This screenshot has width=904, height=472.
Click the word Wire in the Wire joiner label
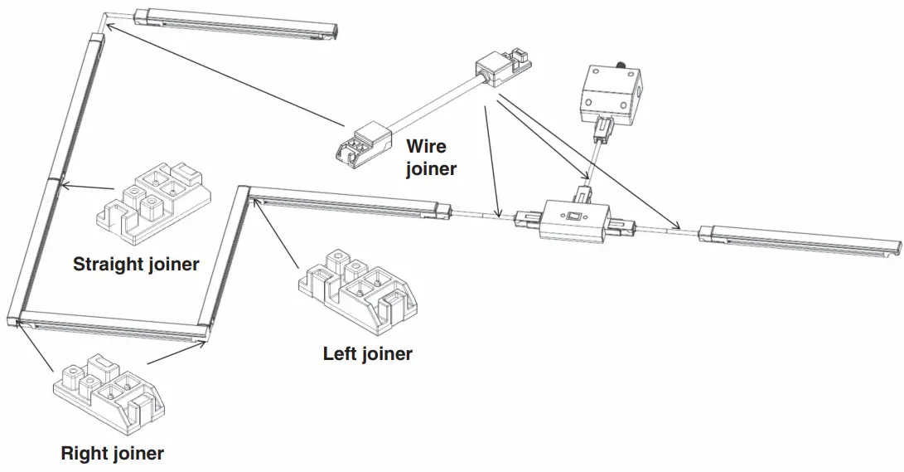click(426, 147)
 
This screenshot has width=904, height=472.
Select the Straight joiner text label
click(136, 265)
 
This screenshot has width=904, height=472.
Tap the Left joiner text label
click(367, 354)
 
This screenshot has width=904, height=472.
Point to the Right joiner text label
click(112, 453)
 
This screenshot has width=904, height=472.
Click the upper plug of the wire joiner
click(502, 68)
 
